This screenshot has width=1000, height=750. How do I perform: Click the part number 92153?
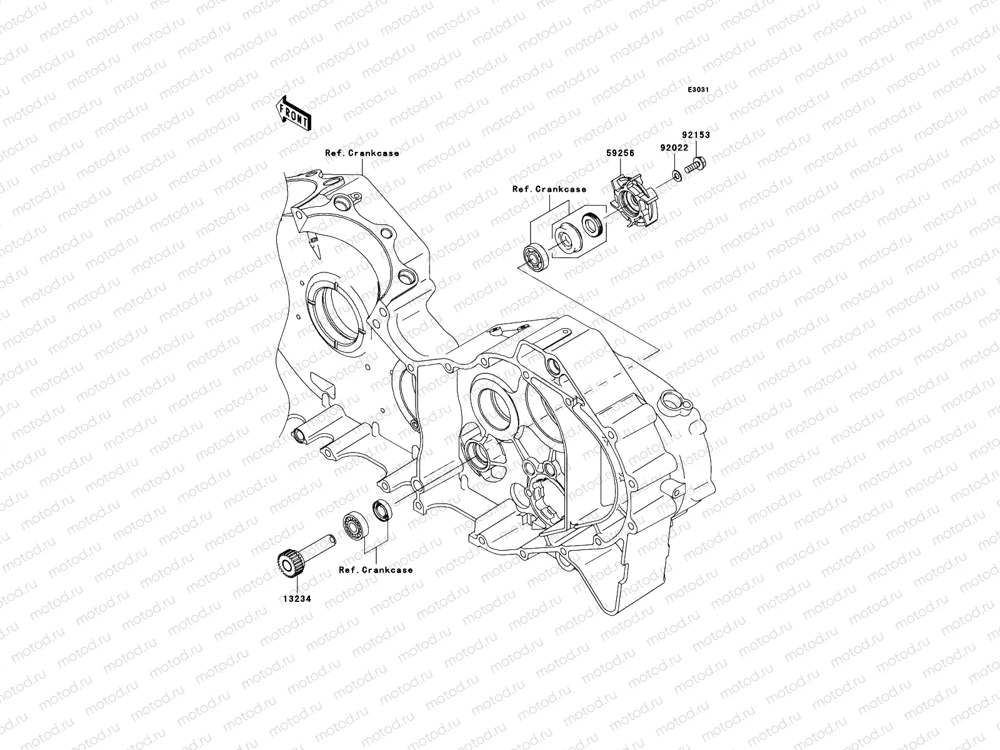click(x=696, y=135)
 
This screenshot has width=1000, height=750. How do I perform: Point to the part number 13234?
click(x=296, y=598)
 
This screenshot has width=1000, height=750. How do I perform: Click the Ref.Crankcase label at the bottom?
click(x=376, y=570)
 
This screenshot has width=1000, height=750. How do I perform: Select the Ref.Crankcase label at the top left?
click(x=371, y=153)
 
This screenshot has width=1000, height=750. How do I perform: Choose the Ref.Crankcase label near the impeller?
click(x=549, y=189)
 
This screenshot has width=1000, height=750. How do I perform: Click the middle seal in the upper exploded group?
click(x=566, y=239)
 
